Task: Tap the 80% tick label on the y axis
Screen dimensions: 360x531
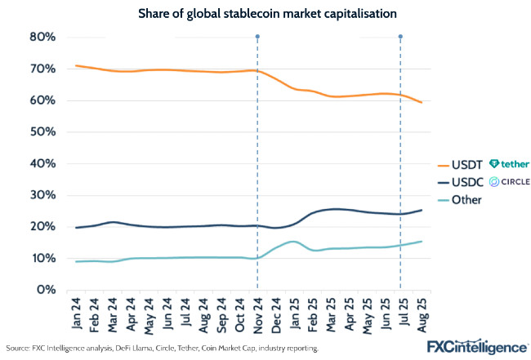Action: coord(42,37)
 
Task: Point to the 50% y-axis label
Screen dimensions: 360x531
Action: coord(42,131)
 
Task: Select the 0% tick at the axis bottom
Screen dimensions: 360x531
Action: coord(45,290)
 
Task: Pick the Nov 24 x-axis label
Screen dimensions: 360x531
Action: coord(257,313)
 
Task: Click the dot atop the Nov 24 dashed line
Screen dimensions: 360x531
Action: coord(257,37)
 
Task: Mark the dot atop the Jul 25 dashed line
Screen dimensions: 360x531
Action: coord(400,37)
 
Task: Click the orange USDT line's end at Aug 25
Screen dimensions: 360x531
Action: coord(419,102)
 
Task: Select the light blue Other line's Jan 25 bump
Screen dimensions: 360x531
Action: coord(293,242)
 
